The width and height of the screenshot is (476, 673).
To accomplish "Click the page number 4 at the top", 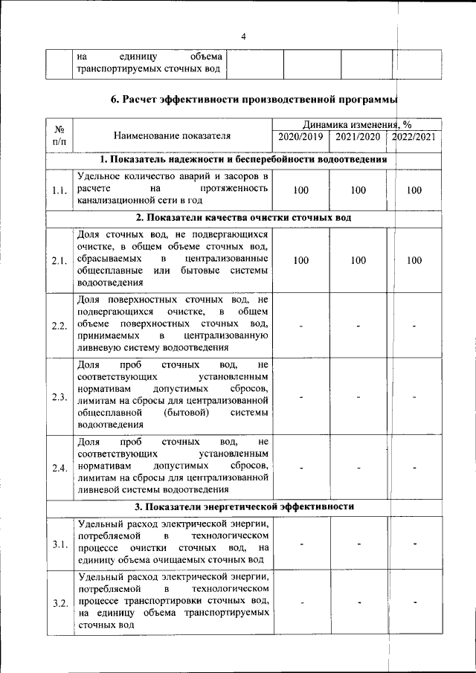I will pos(243,37).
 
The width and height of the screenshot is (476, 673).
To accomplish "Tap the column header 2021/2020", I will pos(358,137).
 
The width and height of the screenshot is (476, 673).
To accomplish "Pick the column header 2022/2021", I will pos(414,137).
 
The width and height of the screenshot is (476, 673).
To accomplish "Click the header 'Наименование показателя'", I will pos(172,135).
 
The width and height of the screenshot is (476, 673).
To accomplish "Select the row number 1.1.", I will pos(59,190).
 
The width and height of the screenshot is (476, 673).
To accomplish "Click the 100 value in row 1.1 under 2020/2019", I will pos(300,190).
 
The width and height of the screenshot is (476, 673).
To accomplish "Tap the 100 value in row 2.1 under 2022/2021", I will pos(414,260).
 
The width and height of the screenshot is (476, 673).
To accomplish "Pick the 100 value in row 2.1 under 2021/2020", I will pos(358,260).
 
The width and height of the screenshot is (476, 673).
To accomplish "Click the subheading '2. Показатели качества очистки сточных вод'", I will pos(243,217).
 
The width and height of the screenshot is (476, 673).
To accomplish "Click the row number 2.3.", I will pos(59,396).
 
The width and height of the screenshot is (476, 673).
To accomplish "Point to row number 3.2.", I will pos(59,602).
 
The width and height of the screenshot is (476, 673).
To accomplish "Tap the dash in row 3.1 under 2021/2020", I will pos(358,544).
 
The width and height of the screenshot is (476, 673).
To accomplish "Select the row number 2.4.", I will pos(59,467).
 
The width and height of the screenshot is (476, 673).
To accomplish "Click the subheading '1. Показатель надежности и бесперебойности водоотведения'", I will pos(243,159).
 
